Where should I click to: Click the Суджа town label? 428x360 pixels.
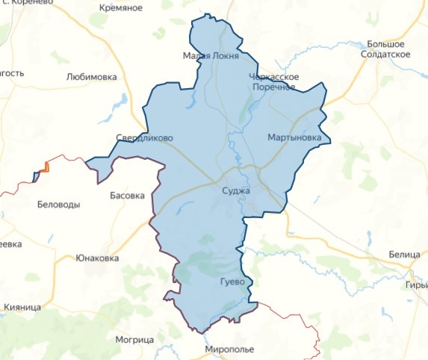(237, 190)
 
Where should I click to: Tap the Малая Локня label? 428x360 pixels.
(211, 56)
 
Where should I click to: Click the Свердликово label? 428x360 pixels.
(145, 138)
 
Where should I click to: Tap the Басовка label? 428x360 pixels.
(127, 196)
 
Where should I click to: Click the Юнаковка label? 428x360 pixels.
(97, 258)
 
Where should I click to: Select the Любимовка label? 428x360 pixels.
(92, 76)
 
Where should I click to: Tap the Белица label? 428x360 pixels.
(404, 255)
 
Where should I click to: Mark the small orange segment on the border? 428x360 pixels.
(46, 167)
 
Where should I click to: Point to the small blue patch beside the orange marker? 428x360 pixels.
(36, 176)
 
